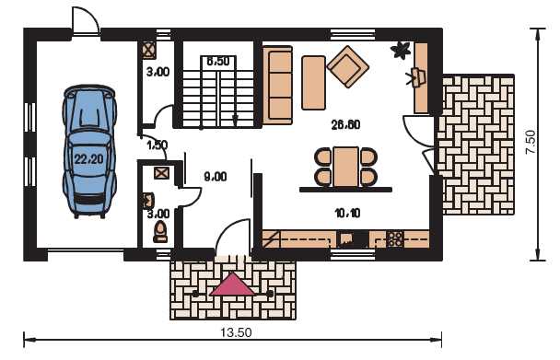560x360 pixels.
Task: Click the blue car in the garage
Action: [x=89, y=151]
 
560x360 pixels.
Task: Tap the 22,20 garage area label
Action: [x=89, y=158]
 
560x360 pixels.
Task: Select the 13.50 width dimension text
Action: [x=236, y=333]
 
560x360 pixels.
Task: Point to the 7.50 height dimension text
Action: [x=531, y=142]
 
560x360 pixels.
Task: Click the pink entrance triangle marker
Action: [x=232, y=285]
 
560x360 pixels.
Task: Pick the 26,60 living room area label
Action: [x=345, y=124]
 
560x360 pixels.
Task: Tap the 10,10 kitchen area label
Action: [x=347, y=214]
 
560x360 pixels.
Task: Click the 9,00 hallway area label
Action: [x=215, y=177]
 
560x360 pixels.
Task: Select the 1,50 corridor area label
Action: [x=157, y=145]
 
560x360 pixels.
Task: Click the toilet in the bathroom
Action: [x=160, y=232]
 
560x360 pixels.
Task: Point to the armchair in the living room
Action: [x=347, y=66]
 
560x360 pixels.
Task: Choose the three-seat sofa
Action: [x=278, y=85]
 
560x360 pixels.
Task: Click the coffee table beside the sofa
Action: [x=313, y=83]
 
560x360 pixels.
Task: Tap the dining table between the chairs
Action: [x=346, y=167]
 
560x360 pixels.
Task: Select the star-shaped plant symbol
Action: [x=400, y=51]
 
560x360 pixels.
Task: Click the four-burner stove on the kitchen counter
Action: [x=395, y=239]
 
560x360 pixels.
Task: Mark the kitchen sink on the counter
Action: [x=346, y=239]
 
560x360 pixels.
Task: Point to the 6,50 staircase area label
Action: [x=218, y=61]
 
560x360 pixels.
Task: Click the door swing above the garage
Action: [x=86, y=20]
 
